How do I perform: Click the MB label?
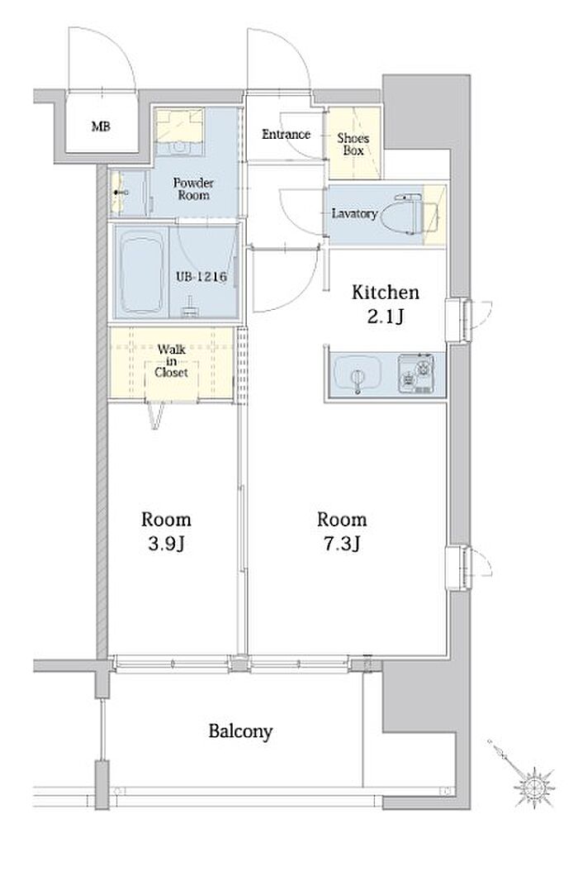click(x=101, y=126)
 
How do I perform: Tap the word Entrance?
click(x=286, y=134)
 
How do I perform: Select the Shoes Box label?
click(x=353, y=144)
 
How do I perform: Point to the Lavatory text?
click(x=354, y=213)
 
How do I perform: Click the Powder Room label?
click(x=193, y=189)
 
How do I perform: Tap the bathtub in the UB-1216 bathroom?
click(x=142, y=274)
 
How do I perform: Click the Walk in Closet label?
click(x=172, y=361)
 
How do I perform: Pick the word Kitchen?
click(x=386, y=293)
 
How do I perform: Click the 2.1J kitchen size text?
click(x=386, y=317)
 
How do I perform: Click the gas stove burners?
click(x=416, y=373)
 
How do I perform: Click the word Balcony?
click(x=240, y=731)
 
